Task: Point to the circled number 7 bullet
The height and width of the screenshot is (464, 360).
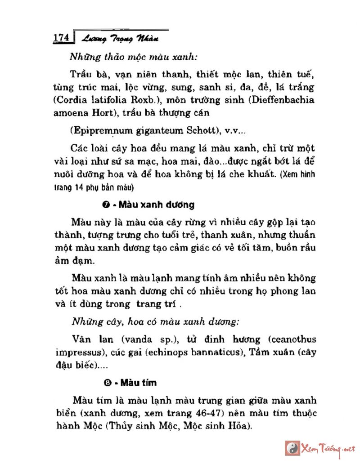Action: [107, 205]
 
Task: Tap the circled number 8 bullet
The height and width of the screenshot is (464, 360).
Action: [107, 383]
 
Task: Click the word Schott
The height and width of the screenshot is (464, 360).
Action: [199, 131]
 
